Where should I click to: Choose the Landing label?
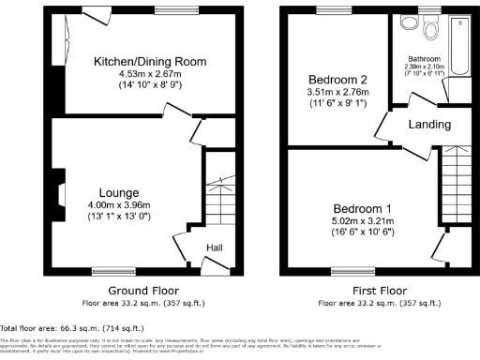pos(428,125)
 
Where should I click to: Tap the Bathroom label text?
pos(424,57)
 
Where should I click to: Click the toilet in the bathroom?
pos(430,30)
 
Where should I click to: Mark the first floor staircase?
pos(455,187)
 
